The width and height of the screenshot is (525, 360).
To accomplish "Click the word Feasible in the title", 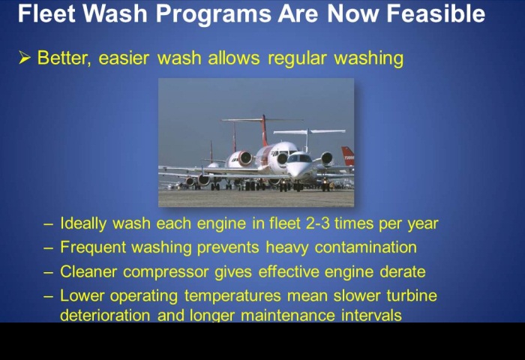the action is tap(436, 13).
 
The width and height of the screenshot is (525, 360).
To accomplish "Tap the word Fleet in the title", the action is tap(46, 13).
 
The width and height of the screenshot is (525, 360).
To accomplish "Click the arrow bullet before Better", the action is tap(25, 58).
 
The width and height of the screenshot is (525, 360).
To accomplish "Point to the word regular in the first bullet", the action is tap(297, 58).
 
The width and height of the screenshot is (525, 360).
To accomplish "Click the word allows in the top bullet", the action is tap(234, 58).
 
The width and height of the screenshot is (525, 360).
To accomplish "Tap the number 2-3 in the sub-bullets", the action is tap(318, 223).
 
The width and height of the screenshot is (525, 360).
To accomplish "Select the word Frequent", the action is tap(93, 248).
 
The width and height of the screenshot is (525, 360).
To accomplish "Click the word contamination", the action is tap(366, 247).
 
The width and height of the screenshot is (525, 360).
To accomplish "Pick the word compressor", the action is tap(166, 272).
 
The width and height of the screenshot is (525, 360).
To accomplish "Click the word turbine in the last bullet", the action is tap(412, 295).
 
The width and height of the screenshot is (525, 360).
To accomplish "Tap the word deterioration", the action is tap(105, 315).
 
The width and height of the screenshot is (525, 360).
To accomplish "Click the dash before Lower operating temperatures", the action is tap(48, 296).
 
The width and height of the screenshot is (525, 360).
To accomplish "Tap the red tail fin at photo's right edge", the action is tap(348, 156).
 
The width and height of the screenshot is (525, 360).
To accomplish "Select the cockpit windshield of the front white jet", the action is tap(300, 158).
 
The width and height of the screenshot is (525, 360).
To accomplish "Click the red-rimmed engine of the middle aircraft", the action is tap(244, 158).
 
